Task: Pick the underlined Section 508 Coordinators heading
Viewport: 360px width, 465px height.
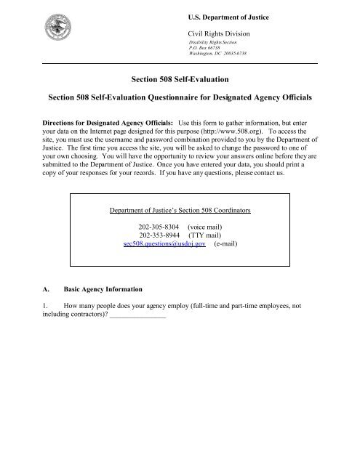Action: [180, 190]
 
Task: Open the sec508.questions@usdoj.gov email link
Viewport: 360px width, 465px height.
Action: [164, 226]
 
